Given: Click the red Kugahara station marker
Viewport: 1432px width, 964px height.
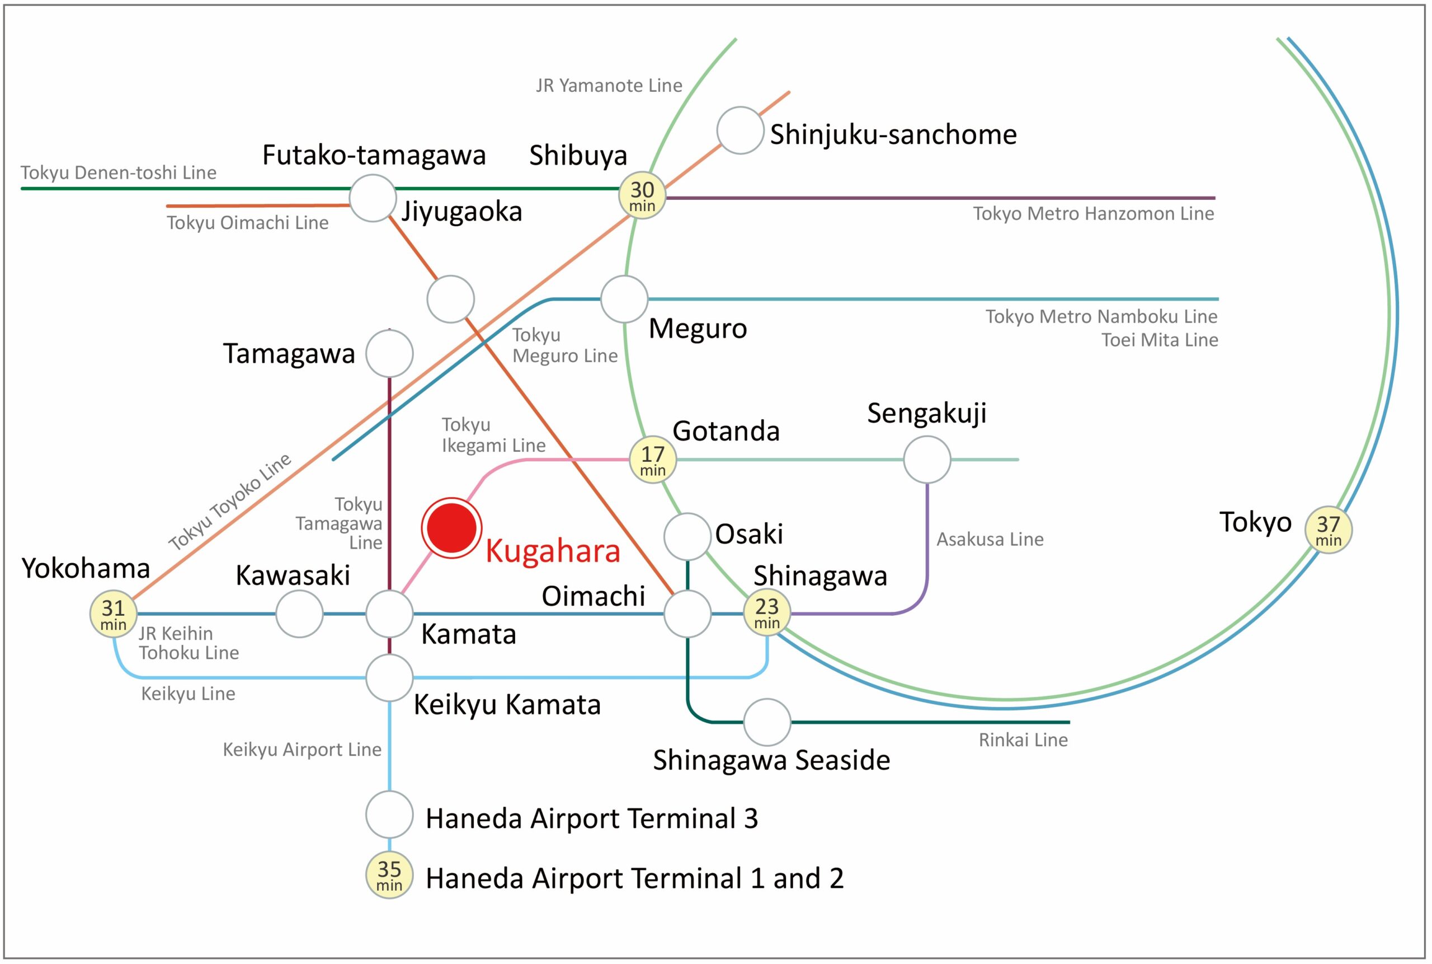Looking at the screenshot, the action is coord(451,528).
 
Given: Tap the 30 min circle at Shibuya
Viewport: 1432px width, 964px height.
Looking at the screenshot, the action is coord(642,195).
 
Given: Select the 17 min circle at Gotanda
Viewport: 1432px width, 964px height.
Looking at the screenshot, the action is coord(652,459).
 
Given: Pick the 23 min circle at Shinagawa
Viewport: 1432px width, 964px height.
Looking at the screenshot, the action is coord(767,613).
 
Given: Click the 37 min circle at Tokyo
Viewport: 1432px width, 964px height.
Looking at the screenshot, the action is coord(1328,530).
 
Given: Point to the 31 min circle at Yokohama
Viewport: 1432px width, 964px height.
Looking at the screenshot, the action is coord(113,614).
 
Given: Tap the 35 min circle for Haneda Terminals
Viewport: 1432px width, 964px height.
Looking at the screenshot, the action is coord(389,875).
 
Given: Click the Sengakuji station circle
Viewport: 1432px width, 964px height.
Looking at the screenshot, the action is coord(927,459).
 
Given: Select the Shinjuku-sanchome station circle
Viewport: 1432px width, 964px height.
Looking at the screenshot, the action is coord(740,130).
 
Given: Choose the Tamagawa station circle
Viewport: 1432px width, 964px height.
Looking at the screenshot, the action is coord(389,353).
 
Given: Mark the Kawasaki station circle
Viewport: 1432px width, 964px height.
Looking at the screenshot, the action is coord(299,614).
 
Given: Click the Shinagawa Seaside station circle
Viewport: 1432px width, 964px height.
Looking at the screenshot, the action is coord(767,722).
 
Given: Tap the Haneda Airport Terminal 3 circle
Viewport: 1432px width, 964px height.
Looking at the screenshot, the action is coord(389,815).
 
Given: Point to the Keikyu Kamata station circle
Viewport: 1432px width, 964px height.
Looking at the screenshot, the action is coord(389,677).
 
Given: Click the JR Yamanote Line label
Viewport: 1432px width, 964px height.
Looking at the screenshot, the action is coord(609,86).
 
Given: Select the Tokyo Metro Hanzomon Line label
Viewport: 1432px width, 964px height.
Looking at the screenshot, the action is coord(1094,213).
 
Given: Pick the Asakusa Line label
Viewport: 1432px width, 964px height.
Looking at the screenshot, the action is coord(990,539).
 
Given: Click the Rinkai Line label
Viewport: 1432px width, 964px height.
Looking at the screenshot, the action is coord(1023,740).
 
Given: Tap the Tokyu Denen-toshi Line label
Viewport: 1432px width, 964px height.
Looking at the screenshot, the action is coord(119,173).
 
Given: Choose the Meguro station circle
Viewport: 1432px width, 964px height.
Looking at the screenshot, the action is coord(624,299).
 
